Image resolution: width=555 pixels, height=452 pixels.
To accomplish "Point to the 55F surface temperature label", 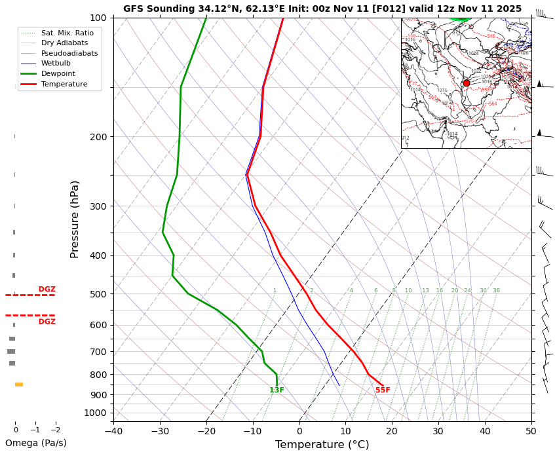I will pos(383,390).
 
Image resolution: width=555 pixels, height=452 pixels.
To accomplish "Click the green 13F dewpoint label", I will pos(277,390).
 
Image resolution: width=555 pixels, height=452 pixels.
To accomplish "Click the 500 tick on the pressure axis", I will pos(98,294).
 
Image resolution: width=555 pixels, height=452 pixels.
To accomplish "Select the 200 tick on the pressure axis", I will pos(98,137).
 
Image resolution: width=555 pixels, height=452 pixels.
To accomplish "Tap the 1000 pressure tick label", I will pos(96,413).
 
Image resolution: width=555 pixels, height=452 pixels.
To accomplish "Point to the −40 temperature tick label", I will pos(113,431).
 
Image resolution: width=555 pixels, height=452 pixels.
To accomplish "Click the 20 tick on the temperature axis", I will pos(392,431).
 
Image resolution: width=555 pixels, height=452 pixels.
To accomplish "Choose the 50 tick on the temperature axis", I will pos(531,431).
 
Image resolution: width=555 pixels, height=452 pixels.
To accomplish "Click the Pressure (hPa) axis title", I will pos(75,219).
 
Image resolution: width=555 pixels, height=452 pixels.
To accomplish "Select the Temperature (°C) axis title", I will pos(322,445).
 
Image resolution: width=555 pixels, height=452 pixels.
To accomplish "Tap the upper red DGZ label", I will pos(47,289).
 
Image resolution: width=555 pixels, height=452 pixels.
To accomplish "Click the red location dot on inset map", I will pos(466,83).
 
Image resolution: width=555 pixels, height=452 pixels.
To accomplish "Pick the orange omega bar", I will pos(19,385).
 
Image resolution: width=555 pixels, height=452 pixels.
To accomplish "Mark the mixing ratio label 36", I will pos(496,291).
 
